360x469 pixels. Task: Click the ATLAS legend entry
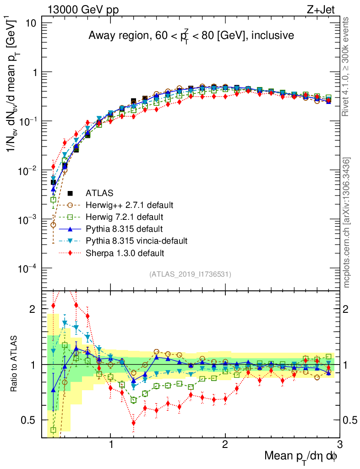click(99, 193)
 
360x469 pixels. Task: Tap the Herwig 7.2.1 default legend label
click(125, 216)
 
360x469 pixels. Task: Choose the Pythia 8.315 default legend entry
click(125, 228)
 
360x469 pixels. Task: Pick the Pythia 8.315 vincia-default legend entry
click(136, 240)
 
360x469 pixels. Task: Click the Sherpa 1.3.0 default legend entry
click(125, 252)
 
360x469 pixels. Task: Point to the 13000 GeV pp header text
click(82, 11)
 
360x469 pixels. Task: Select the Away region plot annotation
click(191, 36)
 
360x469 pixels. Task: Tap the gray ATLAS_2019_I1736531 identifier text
click(190, 274)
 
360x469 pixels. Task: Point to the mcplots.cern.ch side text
click(347, 222)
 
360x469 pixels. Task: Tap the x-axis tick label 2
click(225, 443)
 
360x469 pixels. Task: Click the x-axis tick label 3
click(339, 443)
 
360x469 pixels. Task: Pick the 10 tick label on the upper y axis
click(35, 23)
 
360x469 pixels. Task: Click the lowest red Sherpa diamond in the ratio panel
click(134, 423)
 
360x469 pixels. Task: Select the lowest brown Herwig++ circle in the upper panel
click(54, 225)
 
